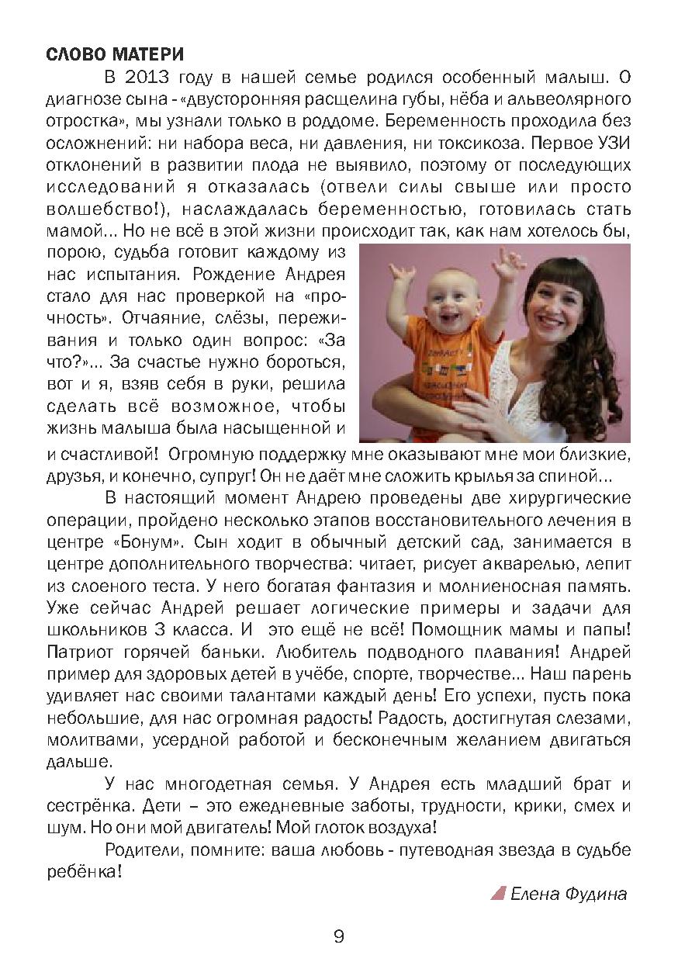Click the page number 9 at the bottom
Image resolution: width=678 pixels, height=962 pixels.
[x=338, y=936]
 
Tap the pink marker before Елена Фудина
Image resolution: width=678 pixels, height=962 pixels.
[x=498, y=894]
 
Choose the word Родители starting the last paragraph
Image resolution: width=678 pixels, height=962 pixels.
[x=144, y=850]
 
